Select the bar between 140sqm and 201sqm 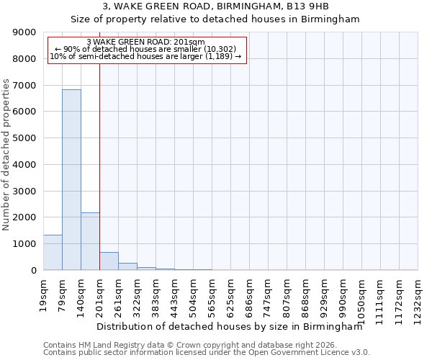90,241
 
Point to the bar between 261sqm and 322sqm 127,266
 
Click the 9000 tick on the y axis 24,32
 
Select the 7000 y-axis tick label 24,86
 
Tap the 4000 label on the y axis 24,165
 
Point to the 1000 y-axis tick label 24,244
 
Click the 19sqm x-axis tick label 44,294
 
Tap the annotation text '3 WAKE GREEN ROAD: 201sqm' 145,42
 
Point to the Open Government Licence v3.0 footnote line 207,353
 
